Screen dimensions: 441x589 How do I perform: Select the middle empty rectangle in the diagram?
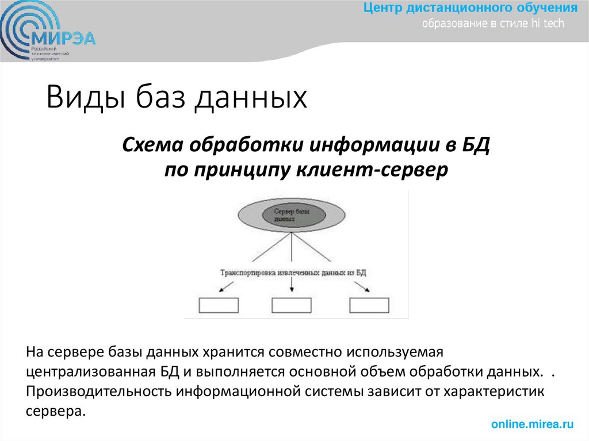pos(291,305)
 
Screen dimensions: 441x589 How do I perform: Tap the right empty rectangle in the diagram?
pos(369,305)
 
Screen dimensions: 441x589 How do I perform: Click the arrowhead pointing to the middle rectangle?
pos(293,289)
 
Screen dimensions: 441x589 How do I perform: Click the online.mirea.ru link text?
pos(533,424)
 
